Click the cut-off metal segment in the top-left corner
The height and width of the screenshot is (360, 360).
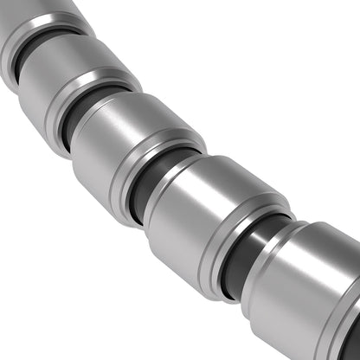point(35,17)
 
